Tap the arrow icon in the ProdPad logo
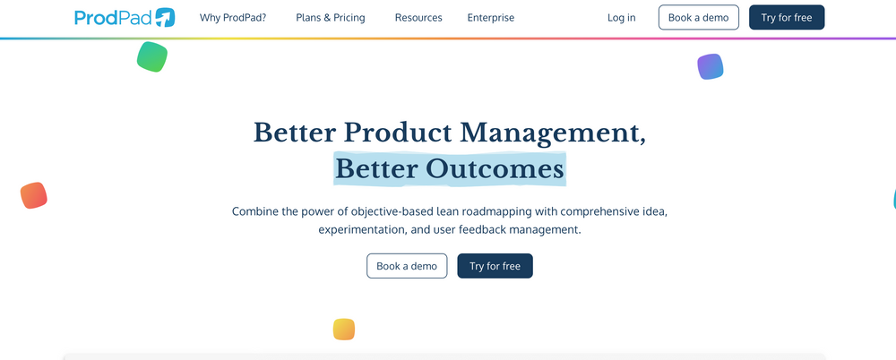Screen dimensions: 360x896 (x=164, y=17)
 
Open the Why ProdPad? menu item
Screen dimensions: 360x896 (x=233, y=18)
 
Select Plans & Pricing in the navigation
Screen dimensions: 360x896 (x=331, y=18)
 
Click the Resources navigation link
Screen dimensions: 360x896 (x=418, y=18)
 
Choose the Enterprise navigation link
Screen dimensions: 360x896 (x=491, y=18)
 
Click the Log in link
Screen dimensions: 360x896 (x=621, y=18)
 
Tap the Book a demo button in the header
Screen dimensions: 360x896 (x=699, y=18)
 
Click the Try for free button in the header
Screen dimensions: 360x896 (x=787, y=18)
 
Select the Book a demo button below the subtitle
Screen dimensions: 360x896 (x=407, y=266)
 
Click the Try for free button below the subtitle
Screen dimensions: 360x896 (x=495, y=266)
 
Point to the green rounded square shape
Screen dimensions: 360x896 (x=152, y=56)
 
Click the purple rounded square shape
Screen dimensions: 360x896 (x=711, y=66)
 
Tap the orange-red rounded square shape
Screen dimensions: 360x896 (x=34, y=195)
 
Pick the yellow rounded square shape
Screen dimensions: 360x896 (x=344, y=329)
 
